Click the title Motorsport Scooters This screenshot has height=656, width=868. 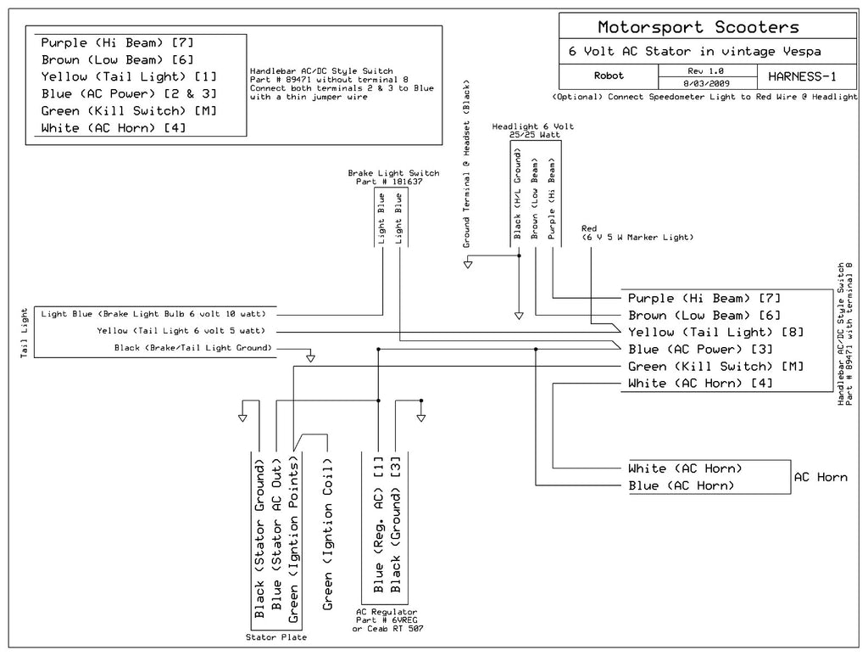698,27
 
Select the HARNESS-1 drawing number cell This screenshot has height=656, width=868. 802,76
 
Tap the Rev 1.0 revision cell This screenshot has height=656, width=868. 706,71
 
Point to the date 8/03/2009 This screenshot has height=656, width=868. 706,84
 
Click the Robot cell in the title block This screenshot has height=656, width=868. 609,76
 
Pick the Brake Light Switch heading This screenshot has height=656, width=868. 393,173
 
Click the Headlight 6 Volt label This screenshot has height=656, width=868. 533,126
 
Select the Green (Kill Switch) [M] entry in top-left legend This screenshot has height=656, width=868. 129,111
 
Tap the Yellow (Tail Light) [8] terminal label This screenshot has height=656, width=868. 715,333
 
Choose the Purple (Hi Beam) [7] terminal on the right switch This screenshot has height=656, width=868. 704,299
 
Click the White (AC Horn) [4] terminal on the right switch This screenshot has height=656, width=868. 700,384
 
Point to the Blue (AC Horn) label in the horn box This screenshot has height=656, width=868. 682,486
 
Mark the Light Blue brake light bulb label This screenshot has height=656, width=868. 153,314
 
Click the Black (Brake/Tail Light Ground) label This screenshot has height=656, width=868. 193,348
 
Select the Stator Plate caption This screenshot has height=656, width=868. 276,637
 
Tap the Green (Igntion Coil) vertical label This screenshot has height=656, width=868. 328,534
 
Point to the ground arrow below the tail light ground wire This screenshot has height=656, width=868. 310,358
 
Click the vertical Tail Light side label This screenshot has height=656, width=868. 24,333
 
